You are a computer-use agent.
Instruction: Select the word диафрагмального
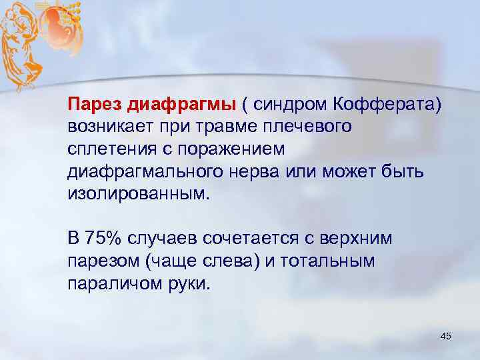138,173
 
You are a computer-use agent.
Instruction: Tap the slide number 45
446,335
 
